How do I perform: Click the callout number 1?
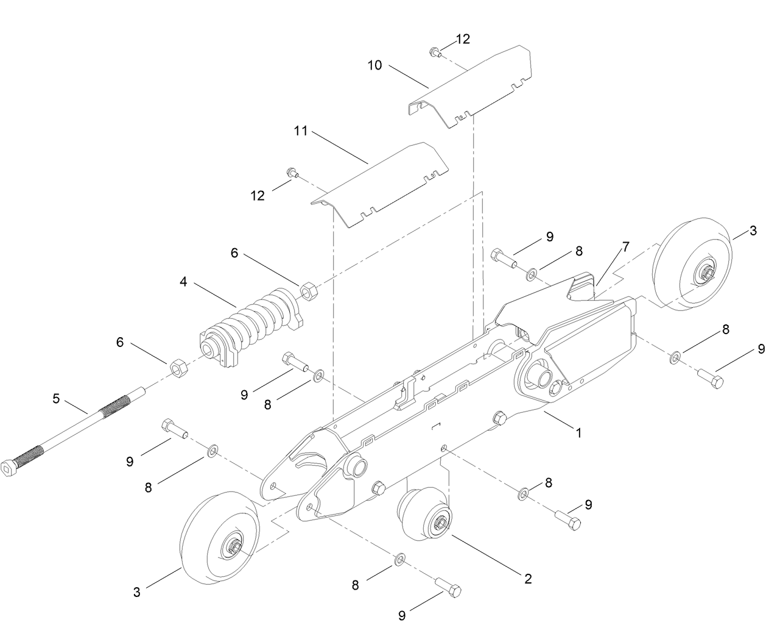[578, 433]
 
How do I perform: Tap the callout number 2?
[528, 578]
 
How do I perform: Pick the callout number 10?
[374, 65]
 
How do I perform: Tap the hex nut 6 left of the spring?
[177, 368]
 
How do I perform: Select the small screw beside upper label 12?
[434, 52]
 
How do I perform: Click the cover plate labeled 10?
[475, 88]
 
